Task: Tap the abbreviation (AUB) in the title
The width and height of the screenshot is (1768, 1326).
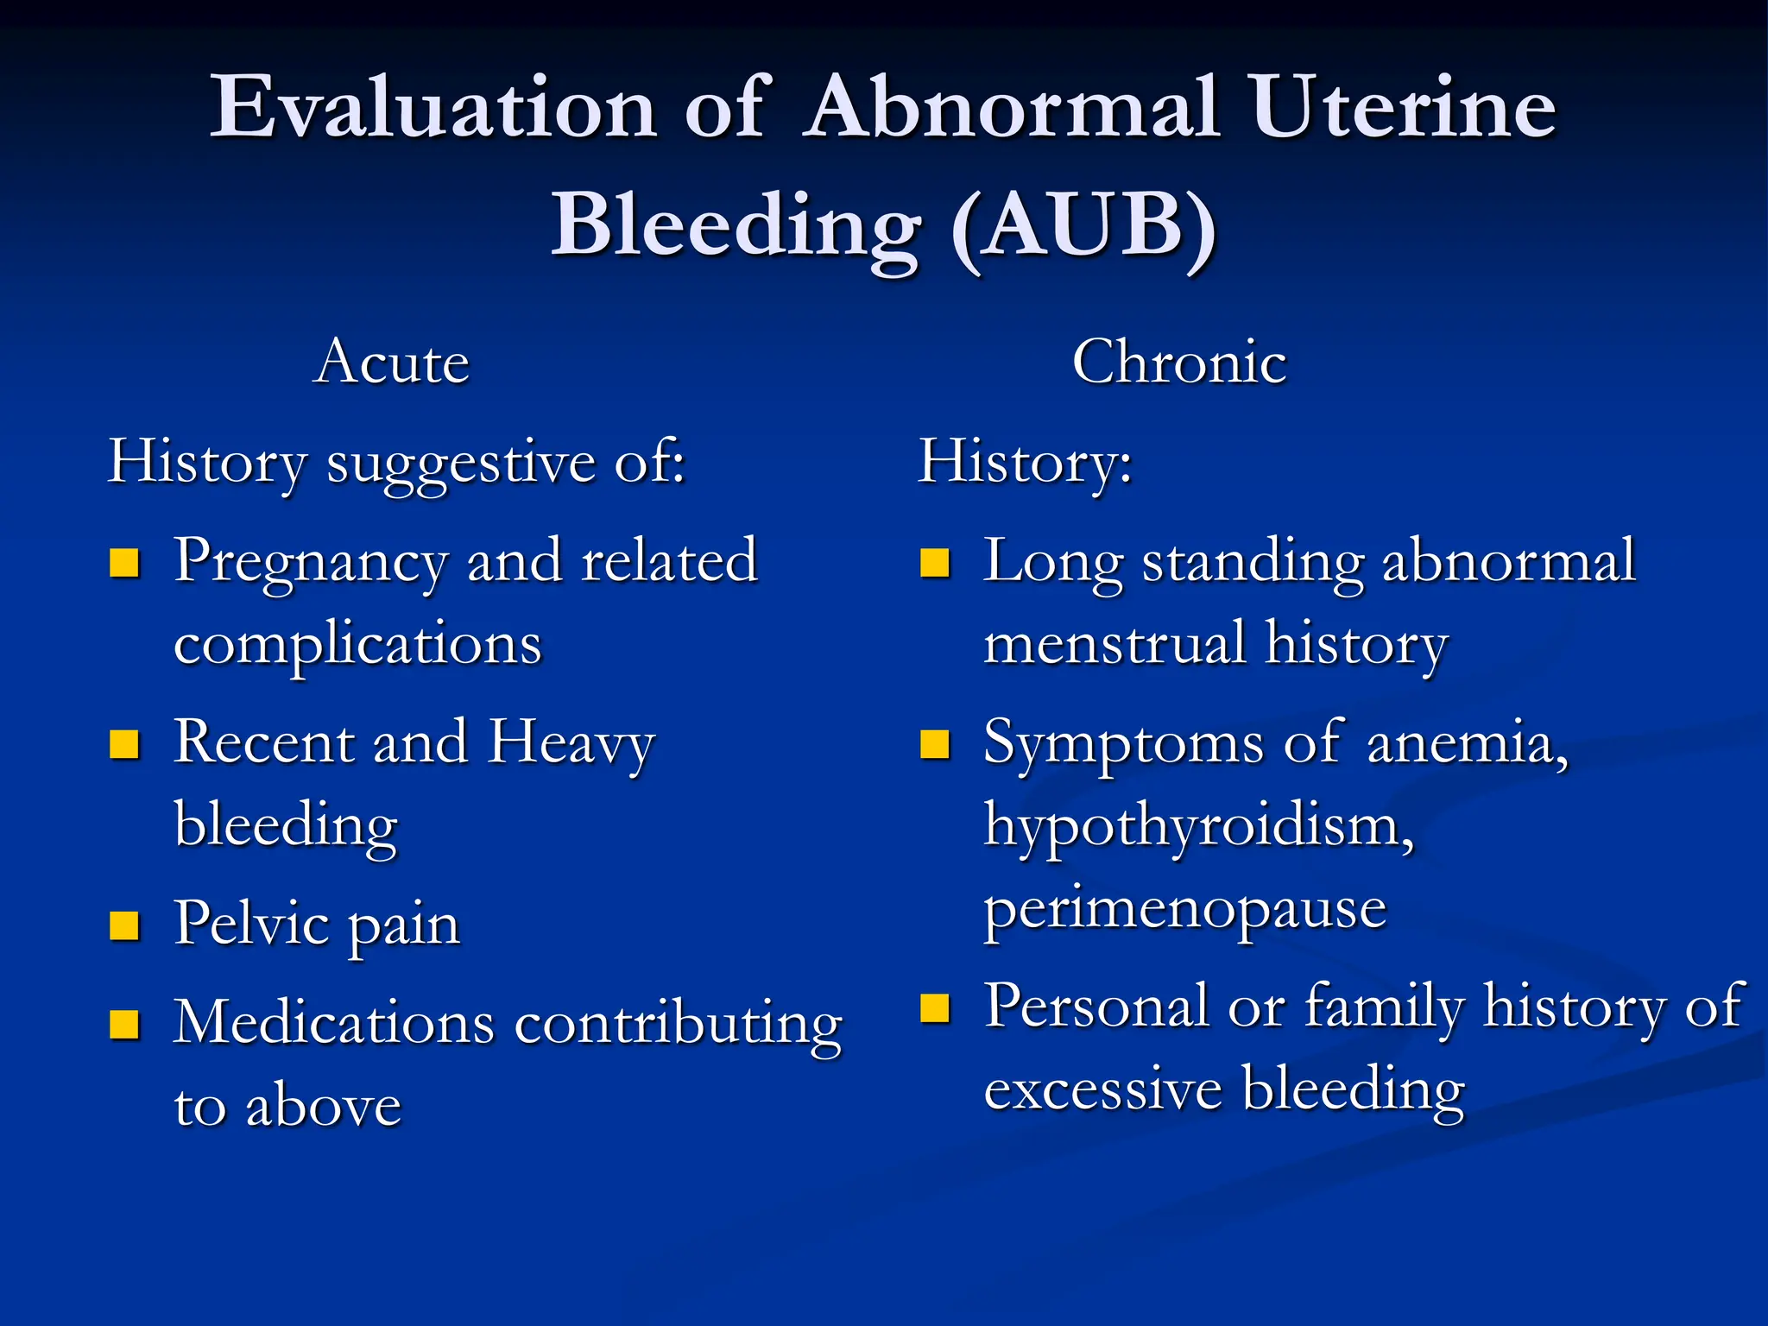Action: tap(1083, 226)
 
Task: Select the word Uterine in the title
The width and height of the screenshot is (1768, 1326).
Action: tap(1403, 108)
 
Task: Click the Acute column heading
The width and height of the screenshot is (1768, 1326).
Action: tap(392, 362)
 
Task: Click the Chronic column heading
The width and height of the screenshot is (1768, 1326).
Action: tap(1179, 362)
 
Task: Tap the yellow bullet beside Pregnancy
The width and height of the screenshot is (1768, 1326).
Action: tap(124, 563)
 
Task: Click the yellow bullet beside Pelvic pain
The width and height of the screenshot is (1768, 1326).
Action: tap(124, 925)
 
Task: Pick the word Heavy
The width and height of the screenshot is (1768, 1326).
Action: tap(571, 743)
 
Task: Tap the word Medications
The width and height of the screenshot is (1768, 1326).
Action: tap(334, 1023)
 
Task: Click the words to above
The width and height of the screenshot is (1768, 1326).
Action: tap(287, 1106)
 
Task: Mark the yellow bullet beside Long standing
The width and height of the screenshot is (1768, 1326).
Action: tap(934, 563)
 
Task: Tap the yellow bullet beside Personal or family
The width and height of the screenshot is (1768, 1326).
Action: tap(934, 1007)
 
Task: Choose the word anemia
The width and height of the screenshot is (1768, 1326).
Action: tap(1467, 743)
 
